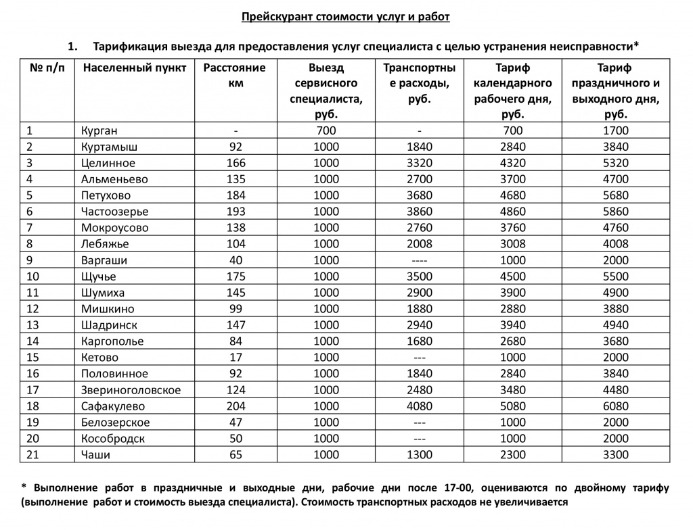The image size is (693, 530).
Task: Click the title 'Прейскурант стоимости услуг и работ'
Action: pos(346,17)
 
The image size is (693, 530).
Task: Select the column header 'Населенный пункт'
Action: pos(134,68)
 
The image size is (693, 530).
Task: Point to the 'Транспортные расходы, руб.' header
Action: pos(419,83)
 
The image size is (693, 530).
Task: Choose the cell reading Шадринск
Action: pos(109,325)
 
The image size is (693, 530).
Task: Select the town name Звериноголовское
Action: pos(131,390)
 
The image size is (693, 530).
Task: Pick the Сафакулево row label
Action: pos(113,406)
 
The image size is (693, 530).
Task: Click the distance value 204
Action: pos(236,406)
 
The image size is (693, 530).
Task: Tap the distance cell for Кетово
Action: pos(236,358)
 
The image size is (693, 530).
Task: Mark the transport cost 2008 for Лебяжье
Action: pos(420,244)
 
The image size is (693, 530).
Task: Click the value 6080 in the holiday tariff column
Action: pos(615,406)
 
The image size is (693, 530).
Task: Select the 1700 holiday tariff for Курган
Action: pos(615,130)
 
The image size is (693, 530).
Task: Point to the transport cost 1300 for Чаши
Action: pos(420,455)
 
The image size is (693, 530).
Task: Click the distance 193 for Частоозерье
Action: pos(236,212)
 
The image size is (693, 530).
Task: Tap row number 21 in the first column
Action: pos(33,455)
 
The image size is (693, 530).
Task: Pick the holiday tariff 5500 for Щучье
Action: pos(615,276)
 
